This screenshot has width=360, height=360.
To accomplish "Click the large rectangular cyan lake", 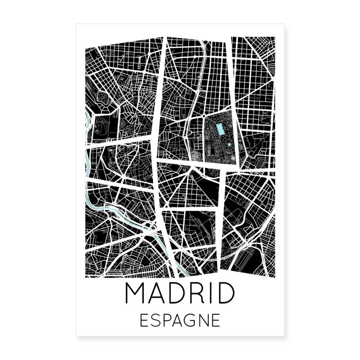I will (x=220, y=129).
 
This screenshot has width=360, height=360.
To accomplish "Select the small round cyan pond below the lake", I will (x=229, y=145).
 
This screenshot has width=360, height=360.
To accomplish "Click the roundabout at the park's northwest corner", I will (x=204, y=117).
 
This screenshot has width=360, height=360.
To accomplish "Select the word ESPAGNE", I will (x=180, y=320).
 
